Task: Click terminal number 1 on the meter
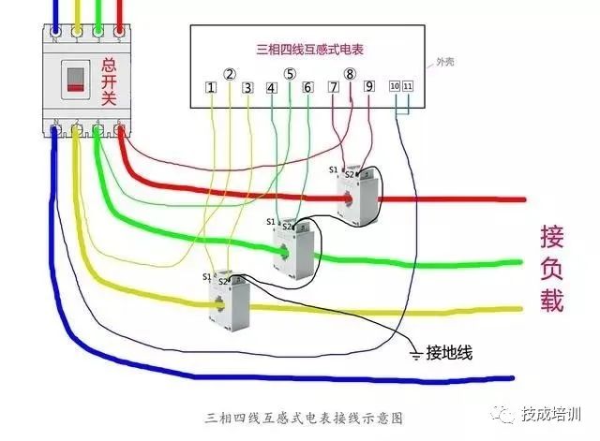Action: [x=212, y=88]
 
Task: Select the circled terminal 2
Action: [x=230, y=73]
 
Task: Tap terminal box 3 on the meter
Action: [x=247, y=88]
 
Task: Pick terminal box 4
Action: [x=272, y=88]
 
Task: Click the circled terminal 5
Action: [x=290, y=73]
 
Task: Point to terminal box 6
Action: [x=307, y=88]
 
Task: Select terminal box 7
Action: [x=334, y=87]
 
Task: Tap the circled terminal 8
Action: [x=350, y=73]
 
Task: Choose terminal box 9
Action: [x=369, y=87]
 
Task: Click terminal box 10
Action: [x=395, y=86]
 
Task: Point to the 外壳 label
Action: [x=447, y=64]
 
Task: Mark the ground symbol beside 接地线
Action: [x=415, y=353]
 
